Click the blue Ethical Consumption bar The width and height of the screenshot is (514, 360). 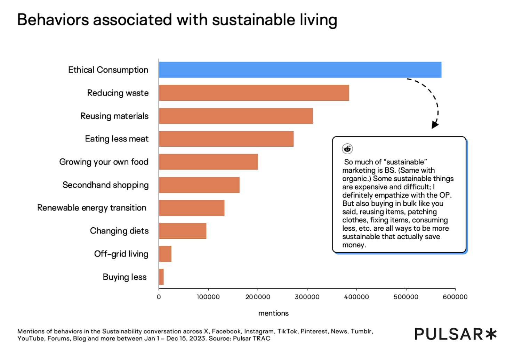click(300, 70)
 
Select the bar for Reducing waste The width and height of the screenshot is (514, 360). click(254, 93)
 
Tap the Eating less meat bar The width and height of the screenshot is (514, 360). click(226, 139)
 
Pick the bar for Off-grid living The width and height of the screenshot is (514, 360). click(165, 254)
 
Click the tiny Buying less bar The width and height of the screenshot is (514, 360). click(161, 277)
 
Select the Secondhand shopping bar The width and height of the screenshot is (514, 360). click(199, 185)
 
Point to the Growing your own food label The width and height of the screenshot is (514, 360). click(104, 162)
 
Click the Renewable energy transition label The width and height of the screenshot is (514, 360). click(92, 208)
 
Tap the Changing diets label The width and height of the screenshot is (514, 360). click(119, 231)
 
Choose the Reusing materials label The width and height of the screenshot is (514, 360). click(114, 116)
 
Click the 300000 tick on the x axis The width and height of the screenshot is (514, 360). click(307, 297)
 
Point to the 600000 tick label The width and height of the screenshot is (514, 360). click(455, 297)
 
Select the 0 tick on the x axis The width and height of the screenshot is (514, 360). click(159, 297)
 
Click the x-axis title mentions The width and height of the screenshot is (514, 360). click(273, 313)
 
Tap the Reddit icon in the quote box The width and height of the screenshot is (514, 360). click(347, 149)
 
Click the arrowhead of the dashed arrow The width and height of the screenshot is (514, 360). click(435, 125)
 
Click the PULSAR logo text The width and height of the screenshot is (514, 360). click(449, 334)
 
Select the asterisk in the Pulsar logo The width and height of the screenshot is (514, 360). click(491, 334)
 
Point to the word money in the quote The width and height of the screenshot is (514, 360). click(353, 245)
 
